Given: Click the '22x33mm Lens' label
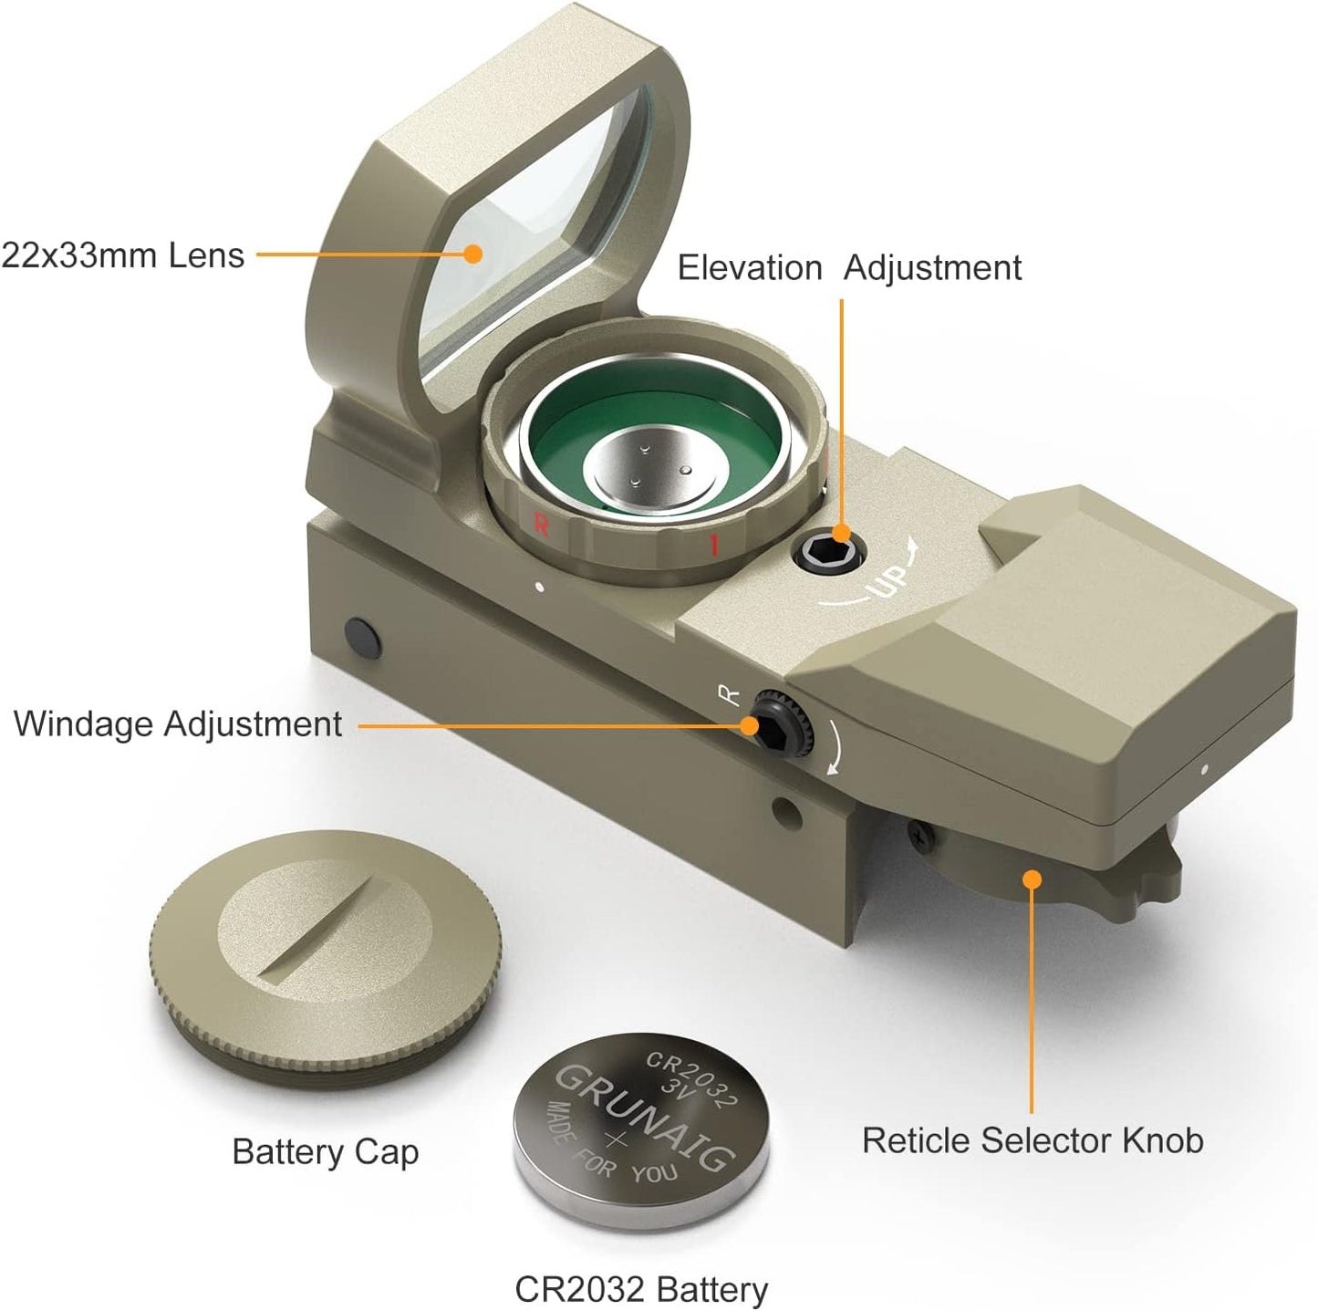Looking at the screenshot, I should [123, 255].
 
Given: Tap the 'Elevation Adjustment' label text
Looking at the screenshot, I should [849, 268].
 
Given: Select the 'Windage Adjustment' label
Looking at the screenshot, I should [178, 724].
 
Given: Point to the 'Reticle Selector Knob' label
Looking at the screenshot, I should [1033, 1140].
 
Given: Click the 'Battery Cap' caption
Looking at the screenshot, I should [326, 1152].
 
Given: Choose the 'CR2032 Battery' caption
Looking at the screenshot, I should [641, 1289].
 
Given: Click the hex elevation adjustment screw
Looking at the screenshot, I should [829, 553].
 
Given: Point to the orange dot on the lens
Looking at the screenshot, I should [472, 254].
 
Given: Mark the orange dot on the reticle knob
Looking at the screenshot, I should [1032, 879].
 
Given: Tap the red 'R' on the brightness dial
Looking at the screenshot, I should [541, 525].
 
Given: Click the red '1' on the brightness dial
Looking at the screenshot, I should [714, 545].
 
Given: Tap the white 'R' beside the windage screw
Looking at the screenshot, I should [731, 696].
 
